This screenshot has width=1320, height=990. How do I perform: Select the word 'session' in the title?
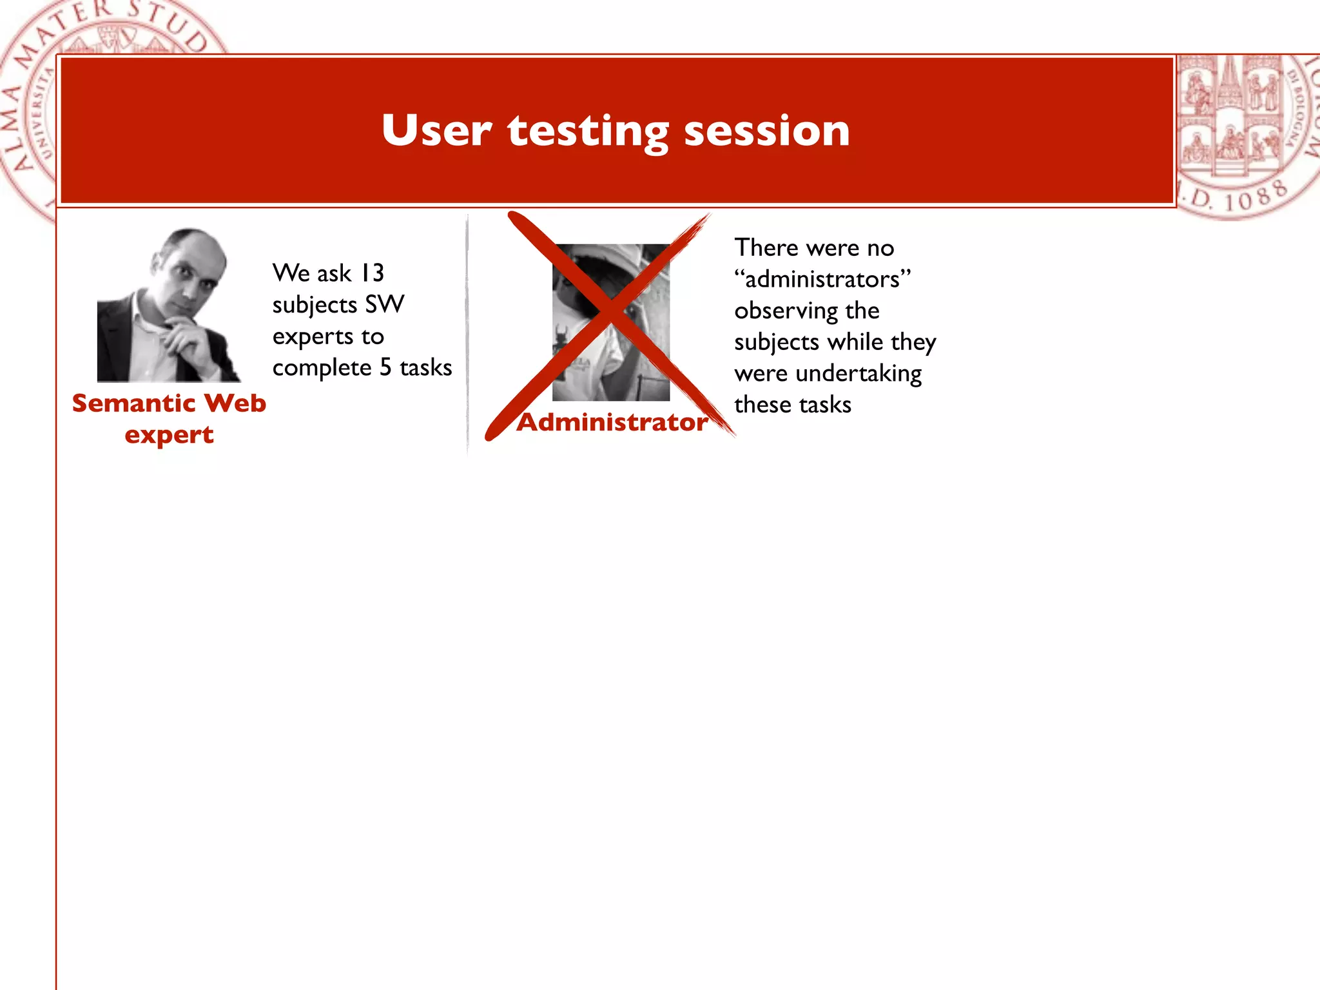[x=766, y=130]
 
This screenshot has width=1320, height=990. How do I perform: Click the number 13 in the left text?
[x=372, y=273]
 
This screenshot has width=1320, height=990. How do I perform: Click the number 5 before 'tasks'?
[x=385, y=367]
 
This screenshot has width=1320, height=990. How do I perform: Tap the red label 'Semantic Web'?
[x=169, y=403]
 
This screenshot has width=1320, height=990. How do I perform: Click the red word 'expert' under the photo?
[x=169, y=436]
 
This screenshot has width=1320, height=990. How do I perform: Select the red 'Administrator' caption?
[x=612, y=423]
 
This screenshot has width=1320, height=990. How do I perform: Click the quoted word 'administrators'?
[x=822, y=280]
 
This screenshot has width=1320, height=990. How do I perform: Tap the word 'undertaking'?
[x=859, y=374]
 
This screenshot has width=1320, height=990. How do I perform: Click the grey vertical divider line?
[x=467, y=335]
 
